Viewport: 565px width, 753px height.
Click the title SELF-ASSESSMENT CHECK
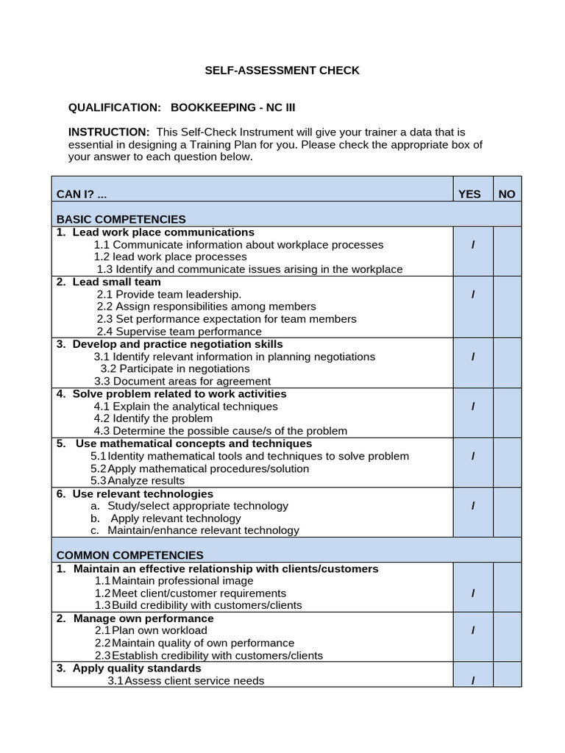[x=282, y=71]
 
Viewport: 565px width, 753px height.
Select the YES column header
[x=469, y=194]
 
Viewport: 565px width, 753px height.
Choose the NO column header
[x=507, y=194]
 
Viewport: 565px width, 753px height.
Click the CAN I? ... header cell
[x=87, y=194]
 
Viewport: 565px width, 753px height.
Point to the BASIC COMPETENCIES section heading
[x=121, y=219]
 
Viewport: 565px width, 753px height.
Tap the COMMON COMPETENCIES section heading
[x=130, y=555]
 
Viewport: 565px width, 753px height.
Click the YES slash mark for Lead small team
[x=473, y=294]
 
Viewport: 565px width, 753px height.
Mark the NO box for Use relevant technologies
[x=507, y=512]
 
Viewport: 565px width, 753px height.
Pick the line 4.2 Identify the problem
[x=153, y=418]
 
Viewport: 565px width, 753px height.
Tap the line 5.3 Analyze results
[x=138, y=481]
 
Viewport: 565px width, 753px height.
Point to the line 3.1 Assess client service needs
[x=185, y=680]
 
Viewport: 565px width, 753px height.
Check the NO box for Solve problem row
[x=507, y=413]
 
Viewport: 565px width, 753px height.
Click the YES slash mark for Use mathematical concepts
[x=473, y=456]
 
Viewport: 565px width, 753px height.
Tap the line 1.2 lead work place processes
[x=171, y=257]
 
